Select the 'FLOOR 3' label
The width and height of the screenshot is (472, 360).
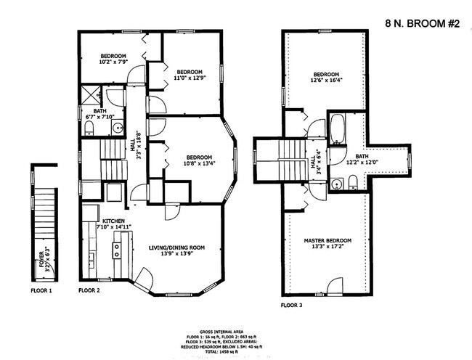click(293, 306)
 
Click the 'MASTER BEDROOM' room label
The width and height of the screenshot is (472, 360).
click(327, 240)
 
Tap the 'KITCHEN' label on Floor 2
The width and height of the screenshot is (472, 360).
click(114, 221)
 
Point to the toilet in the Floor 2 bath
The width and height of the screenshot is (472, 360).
click(89, 128)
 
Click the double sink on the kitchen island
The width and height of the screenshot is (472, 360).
click(115, 250)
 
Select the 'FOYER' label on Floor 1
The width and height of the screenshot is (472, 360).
click(41, 259)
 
